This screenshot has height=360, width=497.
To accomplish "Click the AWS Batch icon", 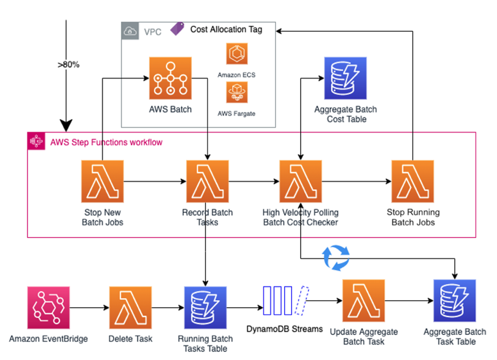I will (x=171, y=79).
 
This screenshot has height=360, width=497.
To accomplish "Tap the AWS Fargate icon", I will (x=236, y=92).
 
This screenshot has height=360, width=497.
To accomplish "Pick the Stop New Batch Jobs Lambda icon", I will (x=102, y=182).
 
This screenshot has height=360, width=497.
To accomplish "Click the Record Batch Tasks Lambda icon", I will (x=208, y=182).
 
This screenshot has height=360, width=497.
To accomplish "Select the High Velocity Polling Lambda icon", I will (x=301, y=182).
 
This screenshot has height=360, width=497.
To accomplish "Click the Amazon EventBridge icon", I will (x=48, y=308).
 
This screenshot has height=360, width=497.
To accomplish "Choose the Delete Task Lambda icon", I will (x=131, y=308).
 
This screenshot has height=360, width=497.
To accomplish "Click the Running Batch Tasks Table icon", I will (x=206, y=308).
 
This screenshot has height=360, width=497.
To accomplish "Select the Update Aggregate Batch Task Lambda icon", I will (x=364, y=301).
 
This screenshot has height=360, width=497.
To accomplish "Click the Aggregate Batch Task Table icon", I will (x=455, y=301).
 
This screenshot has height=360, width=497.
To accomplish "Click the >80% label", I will (x=68, y=64).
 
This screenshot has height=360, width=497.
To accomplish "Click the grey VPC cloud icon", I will (x=130, y=31).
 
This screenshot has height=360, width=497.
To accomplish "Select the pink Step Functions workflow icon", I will (x=36, y=141).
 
